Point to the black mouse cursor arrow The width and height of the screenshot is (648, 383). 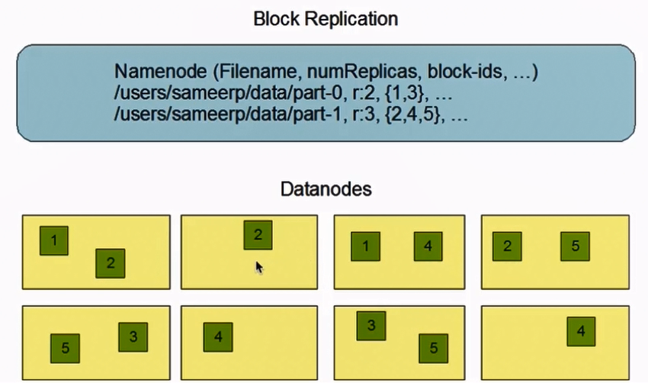pos(259,267)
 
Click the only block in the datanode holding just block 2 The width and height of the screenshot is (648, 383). pos(258,235)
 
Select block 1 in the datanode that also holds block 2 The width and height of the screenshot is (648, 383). pos(53,240)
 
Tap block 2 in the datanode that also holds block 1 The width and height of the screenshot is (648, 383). pos(111,263)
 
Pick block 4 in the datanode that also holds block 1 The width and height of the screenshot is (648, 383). pos(428,246)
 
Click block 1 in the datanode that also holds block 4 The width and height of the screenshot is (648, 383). pos(366,246)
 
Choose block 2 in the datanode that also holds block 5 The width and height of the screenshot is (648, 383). pos(507,246)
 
